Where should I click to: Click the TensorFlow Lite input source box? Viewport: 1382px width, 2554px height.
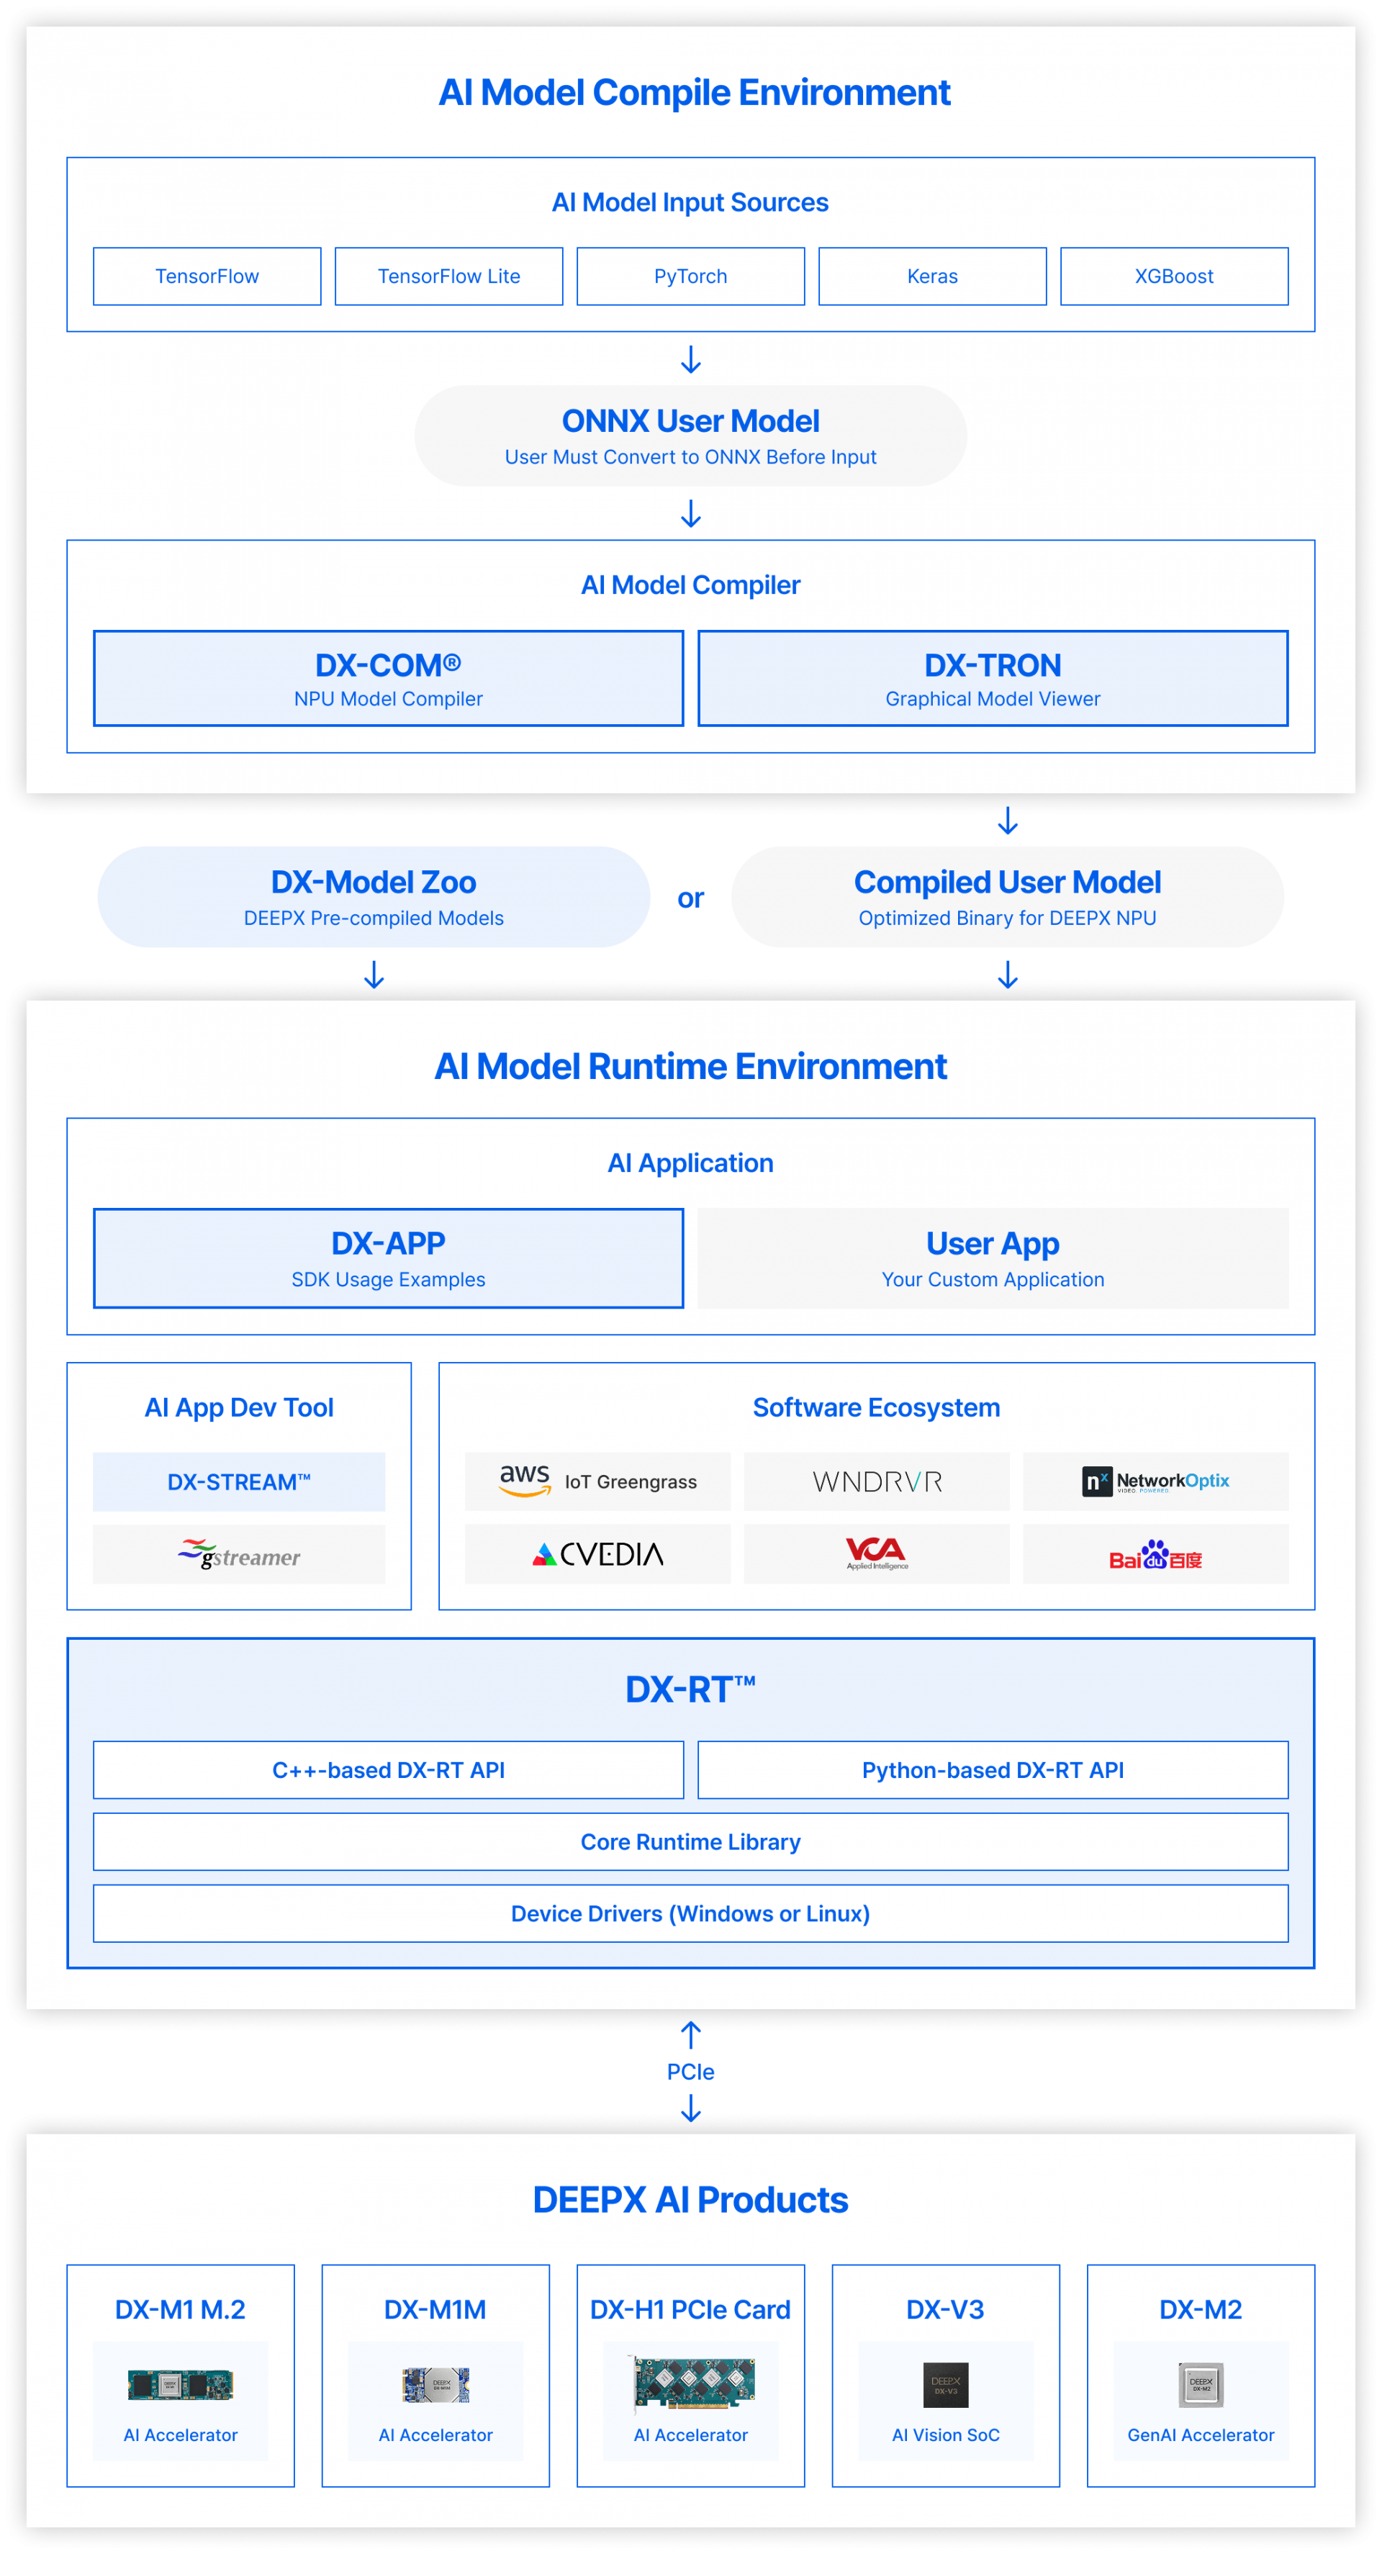click(448, 276)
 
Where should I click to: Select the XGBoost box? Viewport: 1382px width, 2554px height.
click(1174, 276)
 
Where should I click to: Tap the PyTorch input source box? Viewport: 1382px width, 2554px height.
click(690, 276)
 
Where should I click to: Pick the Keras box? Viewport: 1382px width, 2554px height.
click(932, 276)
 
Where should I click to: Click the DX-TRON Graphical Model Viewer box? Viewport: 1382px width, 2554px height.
click(993, 678)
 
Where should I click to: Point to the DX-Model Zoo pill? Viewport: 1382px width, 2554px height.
click(374, 896)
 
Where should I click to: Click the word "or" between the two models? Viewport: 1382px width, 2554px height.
click(691, 898)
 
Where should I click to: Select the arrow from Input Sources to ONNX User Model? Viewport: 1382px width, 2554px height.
click(691, 359)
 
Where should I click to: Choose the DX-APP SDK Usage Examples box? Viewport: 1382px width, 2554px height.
click(389, 1258)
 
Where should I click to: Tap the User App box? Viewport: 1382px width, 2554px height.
click(993, 1258)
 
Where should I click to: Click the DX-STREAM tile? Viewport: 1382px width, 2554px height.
click(239, 1482)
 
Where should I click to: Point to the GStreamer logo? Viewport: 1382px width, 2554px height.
click(239, 1555)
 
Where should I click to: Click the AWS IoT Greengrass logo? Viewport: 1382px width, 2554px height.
click(598, 1481)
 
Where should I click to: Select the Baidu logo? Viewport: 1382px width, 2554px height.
click(1155, 1555)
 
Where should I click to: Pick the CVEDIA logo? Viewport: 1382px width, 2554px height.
click(598, 1555)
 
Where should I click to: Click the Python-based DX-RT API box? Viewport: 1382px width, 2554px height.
click(993, 1770)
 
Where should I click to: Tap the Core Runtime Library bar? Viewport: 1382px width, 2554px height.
click(690, 1842)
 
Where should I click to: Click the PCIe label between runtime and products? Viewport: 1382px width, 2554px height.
click(691, 2072)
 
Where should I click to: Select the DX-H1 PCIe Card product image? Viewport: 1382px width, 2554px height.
click(692, 2383)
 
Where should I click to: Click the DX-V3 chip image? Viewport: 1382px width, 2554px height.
click(946, 2384)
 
